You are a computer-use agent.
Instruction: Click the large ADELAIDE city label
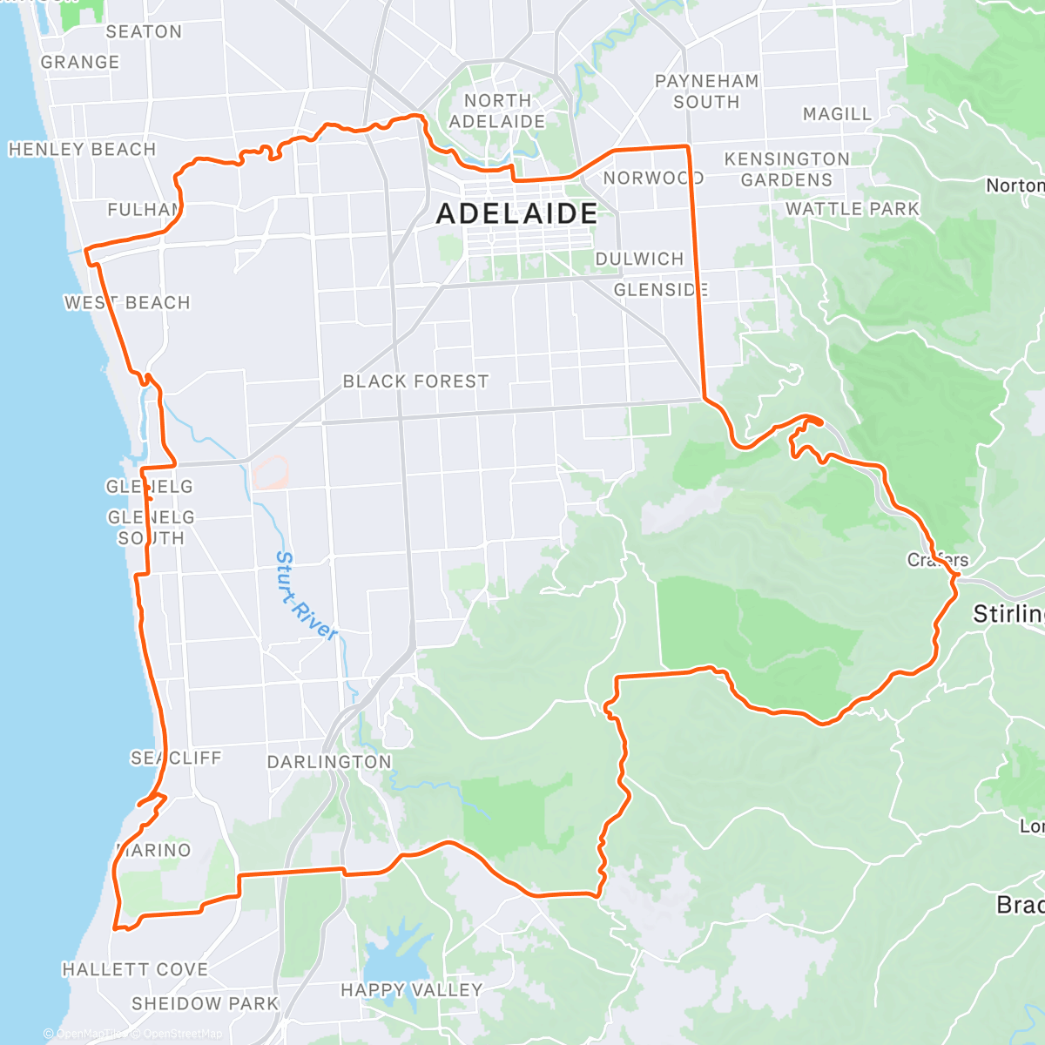click(x=516, y=213)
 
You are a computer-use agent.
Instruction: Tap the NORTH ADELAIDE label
click(x=497, y=111)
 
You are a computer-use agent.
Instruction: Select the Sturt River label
click(x=306, y=597)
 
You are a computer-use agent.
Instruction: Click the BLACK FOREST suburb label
click(x=415, y=381)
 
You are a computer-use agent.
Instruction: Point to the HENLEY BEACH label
click(x=82, y=150)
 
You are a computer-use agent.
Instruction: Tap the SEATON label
click(x=144, y=32)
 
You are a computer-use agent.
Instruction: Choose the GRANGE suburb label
click(x=80, y=63)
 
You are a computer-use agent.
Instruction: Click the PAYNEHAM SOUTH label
click(x=706, y=91)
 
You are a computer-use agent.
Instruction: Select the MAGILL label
click(x=837, y=114)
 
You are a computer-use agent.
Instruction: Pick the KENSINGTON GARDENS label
click(x=786, y=170)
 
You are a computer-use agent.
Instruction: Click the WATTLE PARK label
click(x=852, y=209)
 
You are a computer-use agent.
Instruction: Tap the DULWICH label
click(x=639, y=260)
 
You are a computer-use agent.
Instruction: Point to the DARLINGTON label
click(x=329, y=762)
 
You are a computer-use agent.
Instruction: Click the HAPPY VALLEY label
click(x=411, y=990)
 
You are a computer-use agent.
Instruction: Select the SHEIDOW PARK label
click(x=205, y=1004)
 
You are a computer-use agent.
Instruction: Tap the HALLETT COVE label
click(x=135, y=969)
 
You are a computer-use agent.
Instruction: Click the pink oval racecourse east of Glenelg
click(x=271, y=473)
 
